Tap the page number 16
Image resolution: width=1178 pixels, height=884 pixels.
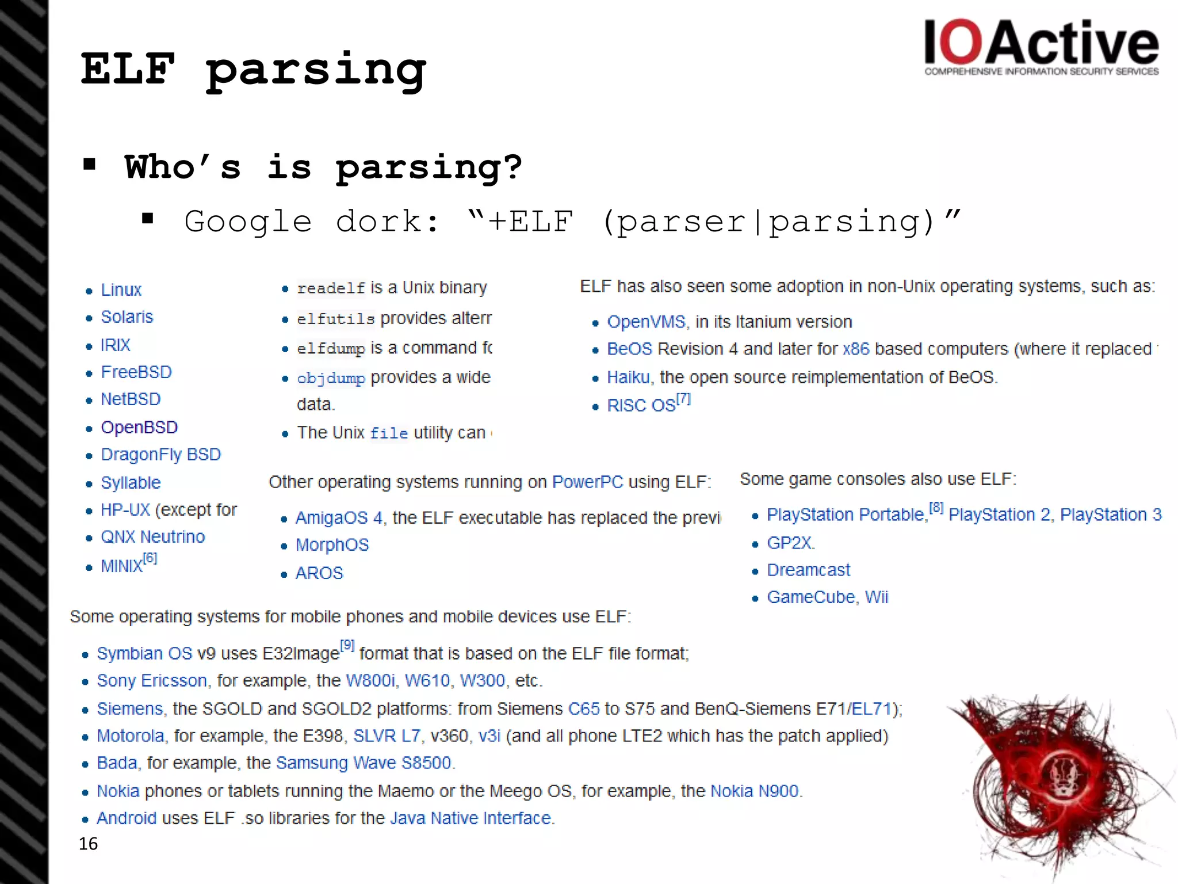click(x=88, y=844)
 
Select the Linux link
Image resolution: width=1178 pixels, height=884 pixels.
click(x=121, y=289)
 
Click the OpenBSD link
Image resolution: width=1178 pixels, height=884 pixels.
click(x=139, y=427)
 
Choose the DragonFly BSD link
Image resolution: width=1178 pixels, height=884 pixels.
click(x=160, y=455)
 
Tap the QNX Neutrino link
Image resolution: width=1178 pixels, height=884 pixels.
click(x=152, y=537)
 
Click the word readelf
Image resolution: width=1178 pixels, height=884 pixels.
click(x=331, y=288)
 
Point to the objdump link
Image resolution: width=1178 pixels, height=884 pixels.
click(x=331, y=378)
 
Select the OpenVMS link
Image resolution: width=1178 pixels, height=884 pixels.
click(x=646, y=322)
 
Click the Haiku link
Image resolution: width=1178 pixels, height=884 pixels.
click(x=628, y=378)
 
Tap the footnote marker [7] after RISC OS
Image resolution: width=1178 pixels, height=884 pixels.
click(x=683, y=398)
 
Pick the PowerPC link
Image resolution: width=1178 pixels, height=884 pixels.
click(x=587, y=482)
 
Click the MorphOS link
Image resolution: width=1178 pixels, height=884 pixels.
click(x=332, y=545)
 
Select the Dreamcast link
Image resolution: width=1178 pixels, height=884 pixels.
click(x=808, y=570)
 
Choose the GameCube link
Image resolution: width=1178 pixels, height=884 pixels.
click(x=810, y=597)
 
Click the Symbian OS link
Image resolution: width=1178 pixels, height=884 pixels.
click(x=144, y=654)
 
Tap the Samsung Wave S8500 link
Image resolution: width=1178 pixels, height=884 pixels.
click(x=364, y=763)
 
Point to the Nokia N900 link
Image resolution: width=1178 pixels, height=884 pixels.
click(x=755, y=791)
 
